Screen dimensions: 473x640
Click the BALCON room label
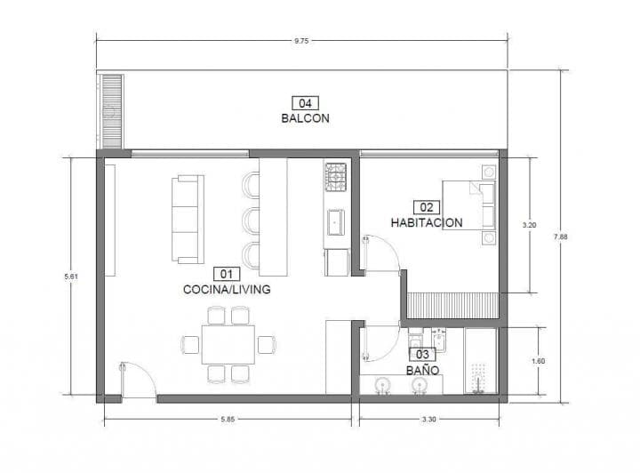point(305,117)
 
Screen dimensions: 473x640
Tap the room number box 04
point(304,102)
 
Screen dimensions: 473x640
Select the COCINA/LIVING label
point(226,289)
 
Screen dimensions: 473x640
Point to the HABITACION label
point(426,222)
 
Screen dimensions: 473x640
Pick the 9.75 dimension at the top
point(303,38)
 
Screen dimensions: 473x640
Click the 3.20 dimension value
point(530,225)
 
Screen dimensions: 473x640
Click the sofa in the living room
point(187,219)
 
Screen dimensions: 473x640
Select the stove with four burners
point(336,177)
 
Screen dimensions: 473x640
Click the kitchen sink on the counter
point(336,220)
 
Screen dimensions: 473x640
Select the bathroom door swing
point(380,342)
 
